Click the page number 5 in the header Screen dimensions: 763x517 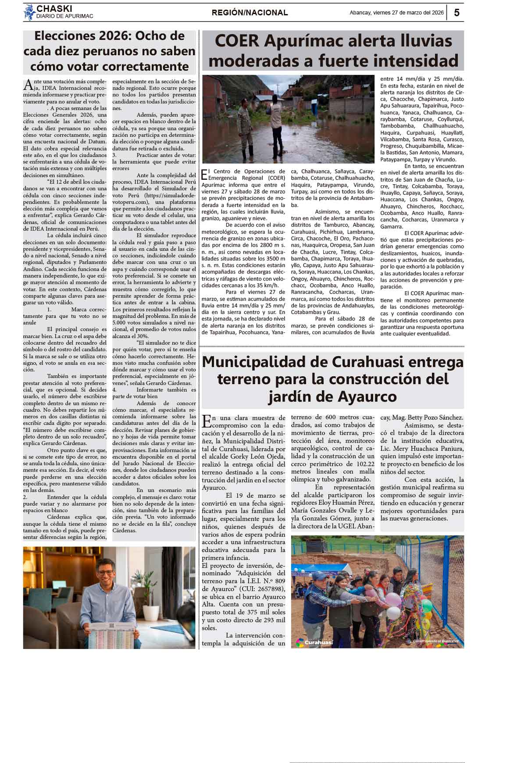pyautogui.click(x=456, y=13)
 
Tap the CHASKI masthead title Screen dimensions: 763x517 pyautogui.click(x=54, y=9)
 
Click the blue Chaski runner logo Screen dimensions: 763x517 pyautogui.click(x=29, y=12)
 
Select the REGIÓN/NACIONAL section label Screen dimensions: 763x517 pyautogui.click(x=250, y=13)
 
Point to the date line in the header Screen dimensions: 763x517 pyautogui.click(x=396, y=13)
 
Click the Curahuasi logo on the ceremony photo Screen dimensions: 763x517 pyautogui.click(x=315, y=642)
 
